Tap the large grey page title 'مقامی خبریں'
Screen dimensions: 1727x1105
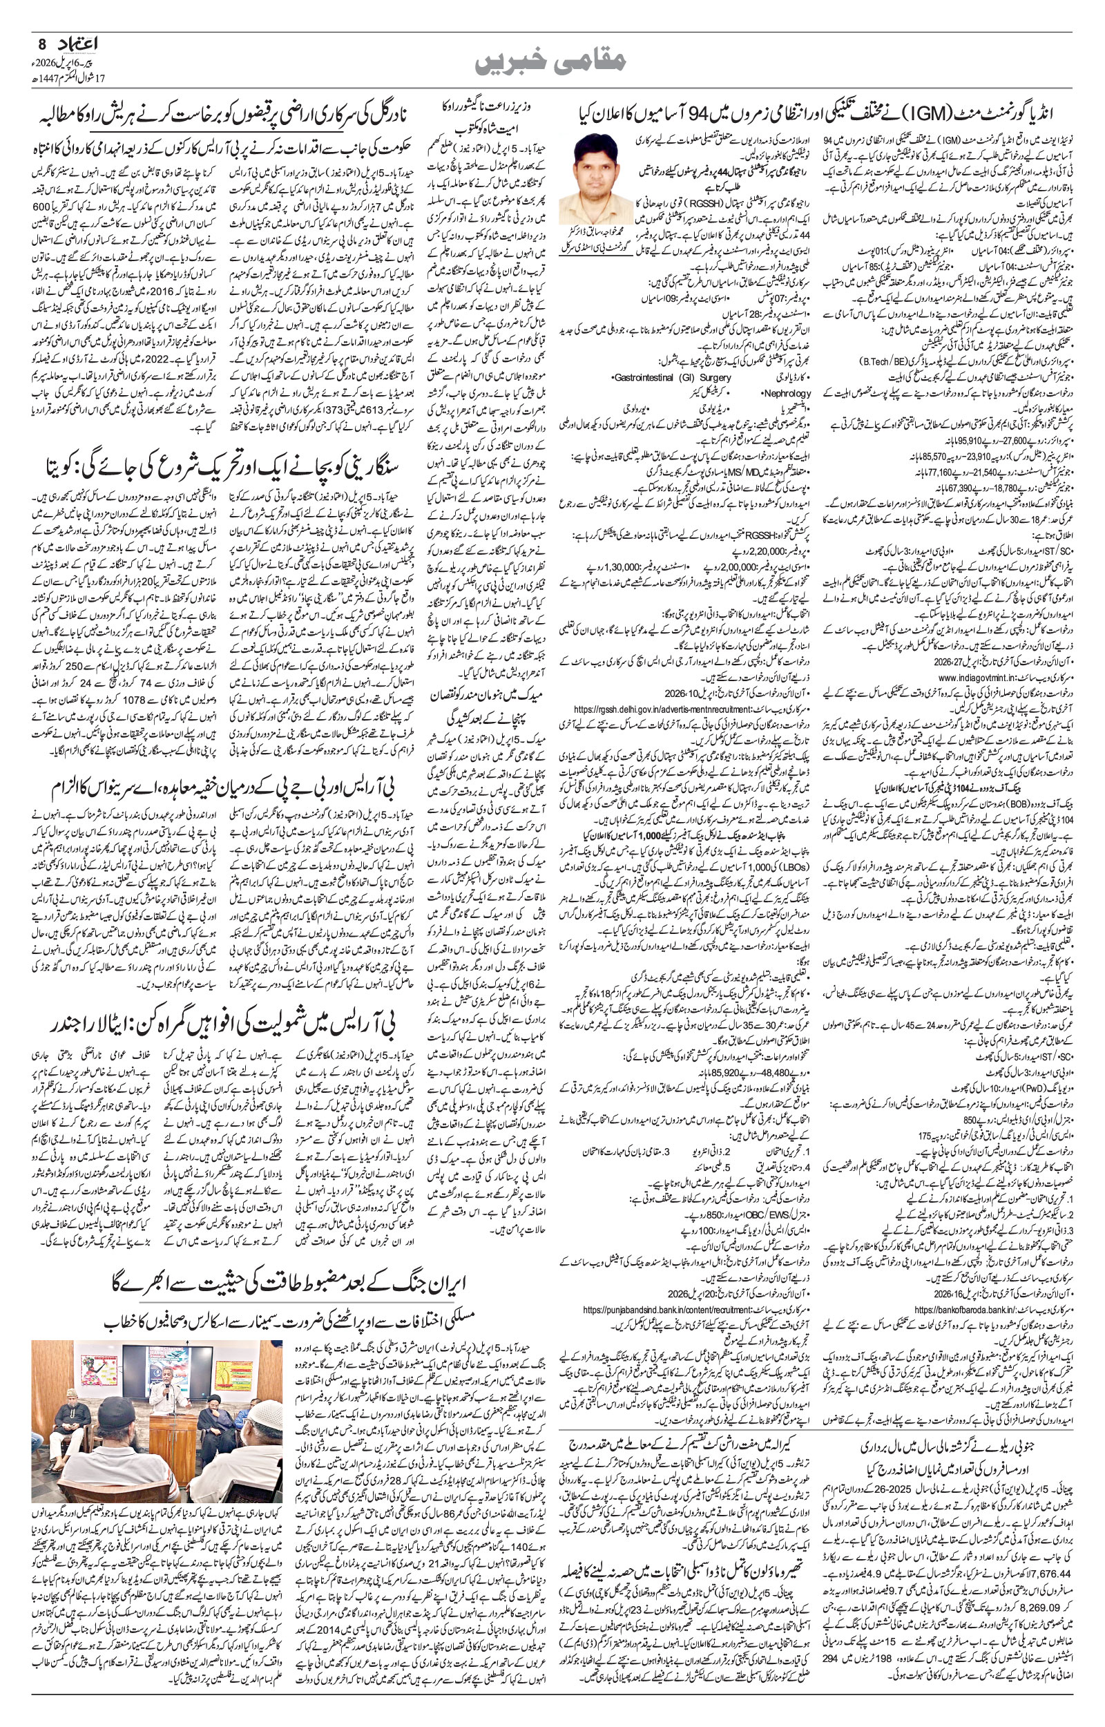[552, 63]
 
